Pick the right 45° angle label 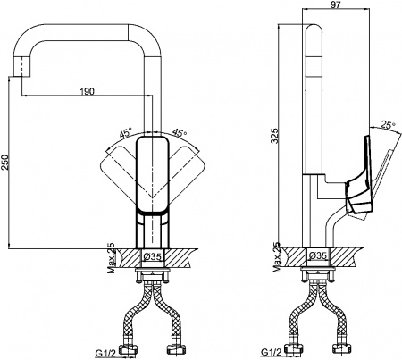179,134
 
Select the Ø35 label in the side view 318,256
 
